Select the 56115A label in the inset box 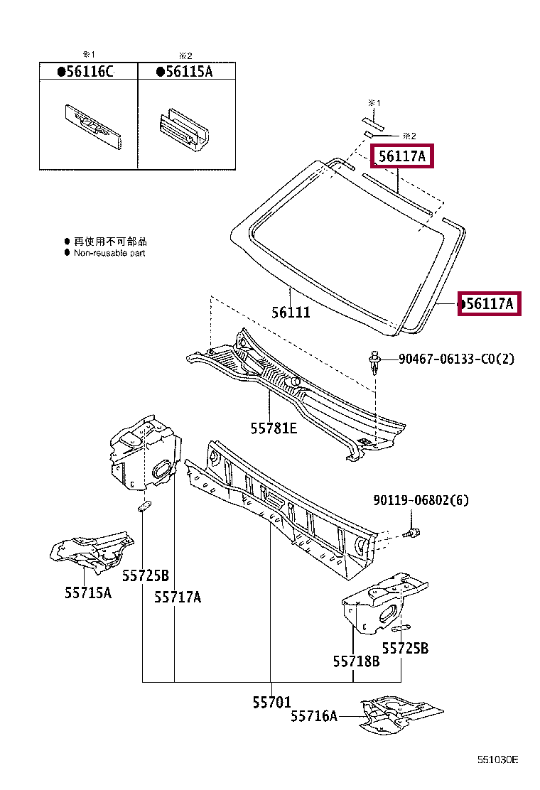point(186,71)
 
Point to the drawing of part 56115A point(183,130)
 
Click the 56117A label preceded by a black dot point(490,304)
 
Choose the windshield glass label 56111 point(291,312)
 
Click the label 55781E point(274,428)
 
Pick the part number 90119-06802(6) point(421,501)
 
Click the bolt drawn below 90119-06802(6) point(411,532)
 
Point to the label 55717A point(178,597)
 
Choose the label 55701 point(271,702)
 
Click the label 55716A point(313,716)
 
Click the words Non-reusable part point(109,253)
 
